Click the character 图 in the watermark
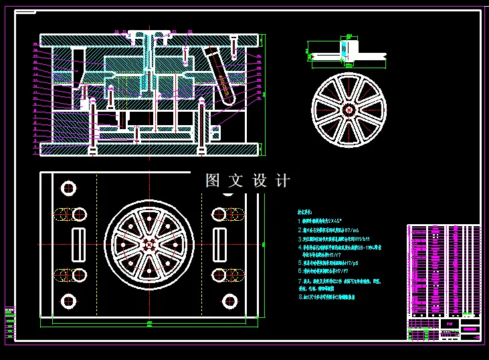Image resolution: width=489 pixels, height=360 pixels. [213, 181]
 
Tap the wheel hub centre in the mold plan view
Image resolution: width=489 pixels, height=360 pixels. [149, 244]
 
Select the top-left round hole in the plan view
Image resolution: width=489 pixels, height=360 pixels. [67, 187]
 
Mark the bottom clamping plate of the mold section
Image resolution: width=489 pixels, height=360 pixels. [149, 149]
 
